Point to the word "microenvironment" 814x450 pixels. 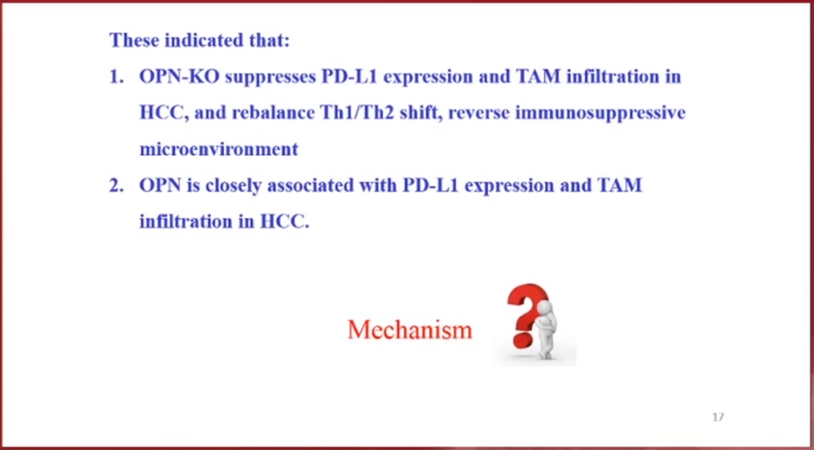219,149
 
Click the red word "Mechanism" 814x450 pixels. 410,329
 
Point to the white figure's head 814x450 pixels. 543,309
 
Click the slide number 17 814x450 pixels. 718,417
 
